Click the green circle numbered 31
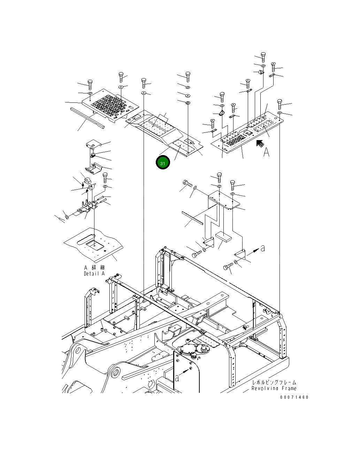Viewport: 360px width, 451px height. pos(163,162)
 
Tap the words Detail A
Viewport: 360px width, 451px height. pos(94,274)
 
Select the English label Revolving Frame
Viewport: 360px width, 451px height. pos(274,388)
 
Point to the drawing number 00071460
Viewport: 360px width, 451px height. pos(294,397)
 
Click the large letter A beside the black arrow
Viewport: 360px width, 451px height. pos(266,152)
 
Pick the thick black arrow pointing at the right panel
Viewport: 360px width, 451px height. pos(260,144)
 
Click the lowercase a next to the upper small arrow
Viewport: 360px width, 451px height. pos(262,249)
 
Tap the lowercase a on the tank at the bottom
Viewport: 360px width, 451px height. pos(177,378)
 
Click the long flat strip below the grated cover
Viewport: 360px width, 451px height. pos(87,118)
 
